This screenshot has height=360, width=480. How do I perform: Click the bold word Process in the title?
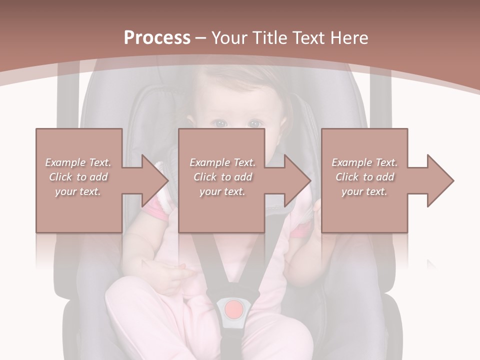tap(157, 37)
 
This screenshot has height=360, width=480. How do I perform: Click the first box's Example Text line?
tap(78, 162)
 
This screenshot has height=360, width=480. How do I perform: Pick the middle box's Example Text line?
tap(222, 162)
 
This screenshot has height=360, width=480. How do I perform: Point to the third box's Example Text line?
tap(364, 162)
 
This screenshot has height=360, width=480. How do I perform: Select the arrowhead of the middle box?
tap(297, 180)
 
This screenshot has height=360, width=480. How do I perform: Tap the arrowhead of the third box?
tap(440, 180)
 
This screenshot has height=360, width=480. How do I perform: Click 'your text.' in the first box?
tap(78, 191)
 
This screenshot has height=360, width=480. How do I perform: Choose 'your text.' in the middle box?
tap(222, 191)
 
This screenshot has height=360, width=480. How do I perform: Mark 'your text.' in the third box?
tap(364, 191)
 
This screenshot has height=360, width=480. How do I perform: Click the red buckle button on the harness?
tap(233, 309)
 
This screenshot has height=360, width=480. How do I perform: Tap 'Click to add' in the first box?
tap(78, 177)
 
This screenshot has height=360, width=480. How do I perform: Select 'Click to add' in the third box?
tap(364, 177)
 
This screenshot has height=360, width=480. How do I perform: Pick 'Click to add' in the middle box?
tap(222, 177)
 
